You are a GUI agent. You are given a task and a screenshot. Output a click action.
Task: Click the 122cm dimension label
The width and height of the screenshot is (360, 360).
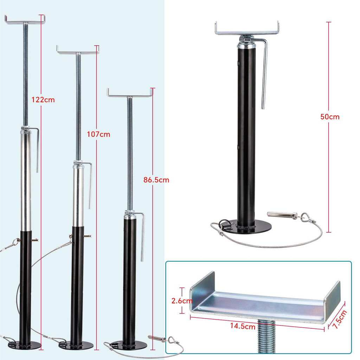tap(43, 99)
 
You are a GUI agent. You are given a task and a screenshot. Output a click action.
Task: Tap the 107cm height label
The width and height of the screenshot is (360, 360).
tap(98, 134)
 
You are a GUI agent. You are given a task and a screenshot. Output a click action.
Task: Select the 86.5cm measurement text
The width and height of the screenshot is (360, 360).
tap(156, 180)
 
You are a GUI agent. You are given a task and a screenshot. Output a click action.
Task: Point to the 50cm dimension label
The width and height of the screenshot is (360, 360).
tap(330, 117)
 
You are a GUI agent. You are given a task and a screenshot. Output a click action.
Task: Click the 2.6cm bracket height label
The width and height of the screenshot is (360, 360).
tap(182, 301)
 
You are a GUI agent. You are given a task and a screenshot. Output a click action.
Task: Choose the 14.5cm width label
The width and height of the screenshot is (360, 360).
tap(243, 326)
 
